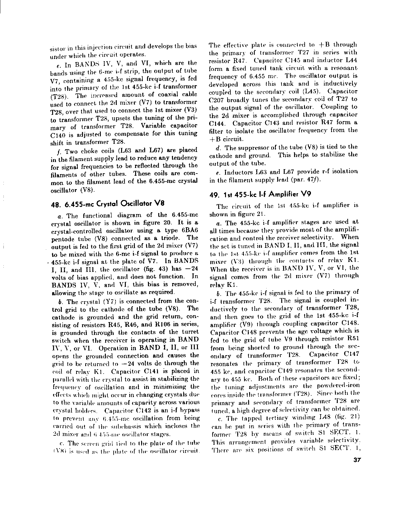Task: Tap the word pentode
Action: [62, 239]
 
